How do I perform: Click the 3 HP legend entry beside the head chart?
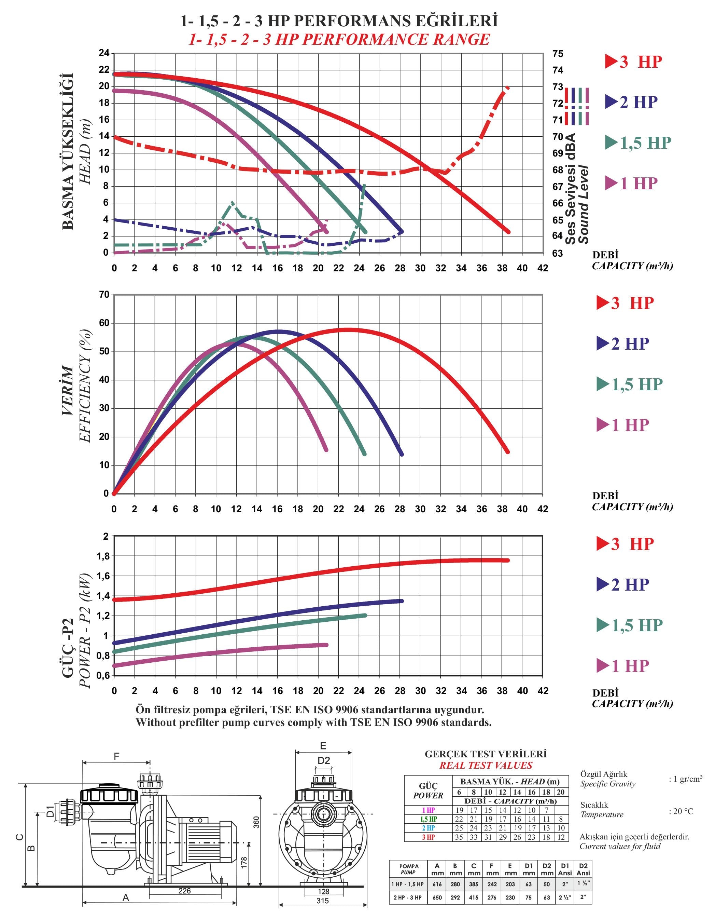pyautogui.click(x=634, y=62)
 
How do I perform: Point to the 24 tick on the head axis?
pyautogui.click(x=104, y=53)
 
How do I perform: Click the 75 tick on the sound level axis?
pyautogui.click(x=558, y=54)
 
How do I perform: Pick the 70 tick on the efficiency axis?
pyautogui.click(x=104, y=295)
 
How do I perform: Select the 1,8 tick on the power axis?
pyautogui.click(x=103, y=556)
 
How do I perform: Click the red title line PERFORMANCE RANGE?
pyautogui.click(x=339, y=40)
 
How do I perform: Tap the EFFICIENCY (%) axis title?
pyautogui.click(x=85, y=386)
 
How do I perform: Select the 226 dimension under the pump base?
pyautogui.click(x=184, y=890)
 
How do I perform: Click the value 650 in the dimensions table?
pyautogui.click(x=437, y=897)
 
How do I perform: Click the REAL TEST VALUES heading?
pyautogui.click(x=486, y=766)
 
